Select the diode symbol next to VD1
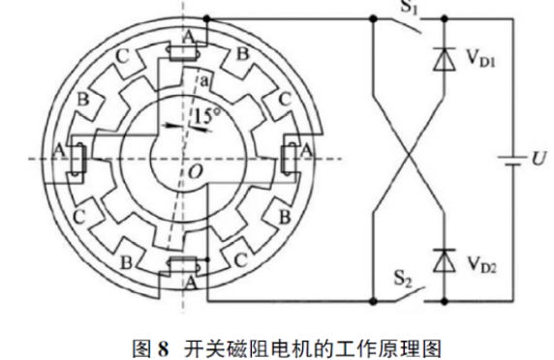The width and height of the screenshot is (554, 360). tap(446, 58)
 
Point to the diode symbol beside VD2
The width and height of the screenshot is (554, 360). tap(446, 259)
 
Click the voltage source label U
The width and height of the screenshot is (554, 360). tap(538, 158)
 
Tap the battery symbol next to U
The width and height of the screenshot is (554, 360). tap(506, 158)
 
